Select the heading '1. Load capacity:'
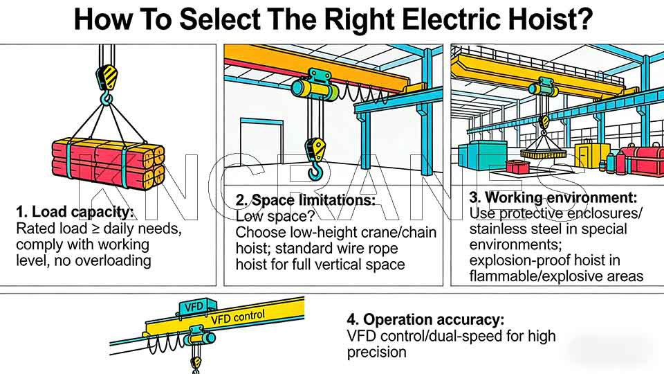click(74, 212)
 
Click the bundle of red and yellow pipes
click(108, 161)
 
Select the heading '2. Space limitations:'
click(305, 200)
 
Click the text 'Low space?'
click(265, 216)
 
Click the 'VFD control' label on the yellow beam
click(237, 318)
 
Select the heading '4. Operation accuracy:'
click(425, 319)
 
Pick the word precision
click(377, 352)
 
